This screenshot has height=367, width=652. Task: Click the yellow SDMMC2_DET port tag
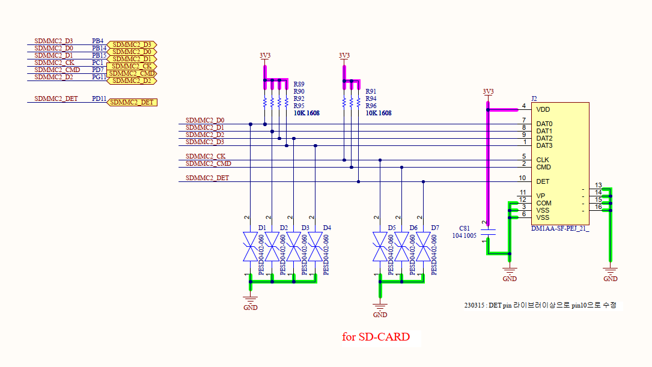click(x=132, y=102)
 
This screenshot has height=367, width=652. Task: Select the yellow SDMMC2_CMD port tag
click(x=132, y=73)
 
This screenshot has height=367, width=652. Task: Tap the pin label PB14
click(x=99, y=48)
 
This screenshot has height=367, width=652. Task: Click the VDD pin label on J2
click(x=543, y=110)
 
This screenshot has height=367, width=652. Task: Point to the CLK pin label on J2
click(x=542, y=160)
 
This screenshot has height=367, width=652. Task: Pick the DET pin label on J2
click(x=542, y=181)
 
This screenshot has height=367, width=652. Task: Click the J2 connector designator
click(x=534, y=99)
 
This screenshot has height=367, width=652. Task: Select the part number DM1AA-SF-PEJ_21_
click(x=560, y=229)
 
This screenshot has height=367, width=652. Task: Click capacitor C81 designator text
click(x=465, y=228)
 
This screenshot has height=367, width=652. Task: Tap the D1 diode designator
click(x=262, y=228)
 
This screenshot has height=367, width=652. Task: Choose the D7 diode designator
click(x=434, y=228)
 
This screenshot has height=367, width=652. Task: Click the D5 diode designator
click(x=392, y=228)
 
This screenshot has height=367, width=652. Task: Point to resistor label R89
click(x=299, y=84)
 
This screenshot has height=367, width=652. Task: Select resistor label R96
click(x=371, y=106)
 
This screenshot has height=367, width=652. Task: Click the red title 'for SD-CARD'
click(x=376, y=337)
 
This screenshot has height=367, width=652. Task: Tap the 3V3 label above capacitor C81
click(x=488, y=92)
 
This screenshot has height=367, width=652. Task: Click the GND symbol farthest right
click(x=610, y=273)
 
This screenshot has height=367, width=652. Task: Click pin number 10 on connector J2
click(x=522, y=178)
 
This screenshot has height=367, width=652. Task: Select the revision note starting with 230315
click(x=540, y=305)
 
